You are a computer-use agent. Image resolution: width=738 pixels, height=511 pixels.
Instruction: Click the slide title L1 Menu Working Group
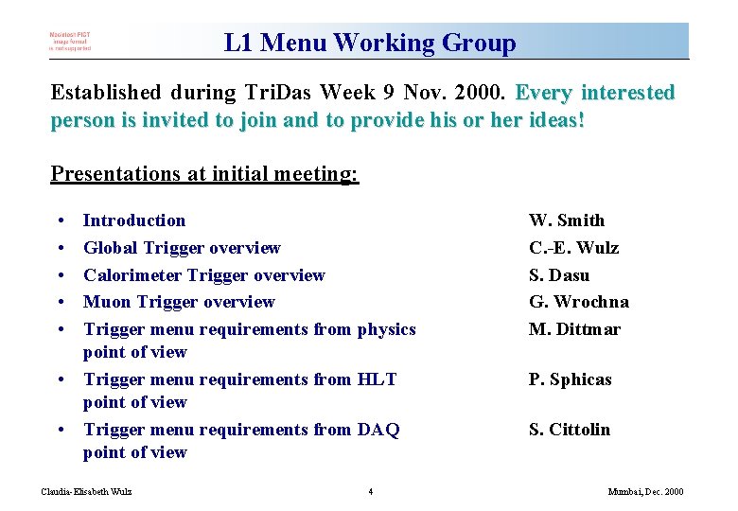[370, 43]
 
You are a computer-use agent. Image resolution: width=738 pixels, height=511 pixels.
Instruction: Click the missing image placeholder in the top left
[71, 43]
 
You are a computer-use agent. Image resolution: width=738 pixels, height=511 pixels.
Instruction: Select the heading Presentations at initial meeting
[204, 174]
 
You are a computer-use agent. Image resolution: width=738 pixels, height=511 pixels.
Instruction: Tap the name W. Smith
[566, 220]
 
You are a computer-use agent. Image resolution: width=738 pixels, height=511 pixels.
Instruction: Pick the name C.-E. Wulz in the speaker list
[573, 248]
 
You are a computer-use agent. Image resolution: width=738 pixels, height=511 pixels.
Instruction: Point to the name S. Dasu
[558, 275]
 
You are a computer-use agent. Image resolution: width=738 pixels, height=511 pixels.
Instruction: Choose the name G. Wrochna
[578, 302]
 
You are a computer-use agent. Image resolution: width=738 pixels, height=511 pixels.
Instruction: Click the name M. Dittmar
[574, 329]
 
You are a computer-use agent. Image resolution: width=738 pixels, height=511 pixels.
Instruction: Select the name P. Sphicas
[570, 379]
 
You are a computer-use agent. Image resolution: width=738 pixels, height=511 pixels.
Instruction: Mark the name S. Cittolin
[569, 430]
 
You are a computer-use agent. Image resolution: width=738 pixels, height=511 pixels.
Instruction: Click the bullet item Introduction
[134, 220]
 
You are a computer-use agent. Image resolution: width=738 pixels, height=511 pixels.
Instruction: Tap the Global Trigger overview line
[182, 248]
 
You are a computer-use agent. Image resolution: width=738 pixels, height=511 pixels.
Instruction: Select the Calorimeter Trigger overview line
[203, 275]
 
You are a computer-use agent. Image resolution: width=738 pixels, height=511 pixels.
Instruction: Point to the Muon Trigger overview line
[179, 302]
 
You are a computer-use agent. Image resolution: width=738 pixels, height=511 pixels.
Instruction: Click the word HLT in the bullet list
[377, 379]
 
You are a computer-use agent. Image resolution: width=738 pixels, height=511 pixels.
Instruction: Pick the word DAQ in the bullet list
[378, 430]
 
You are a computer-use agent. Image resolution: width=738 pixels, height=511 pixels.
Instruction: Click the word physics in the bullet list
[386, 329]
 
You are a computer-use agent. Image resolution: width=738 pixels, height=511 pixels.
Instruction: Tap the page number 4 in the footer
[370, 491]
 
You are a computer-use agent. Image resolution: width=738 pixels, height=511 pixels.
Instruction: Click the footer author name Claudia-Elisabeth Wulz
[87, 491]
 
